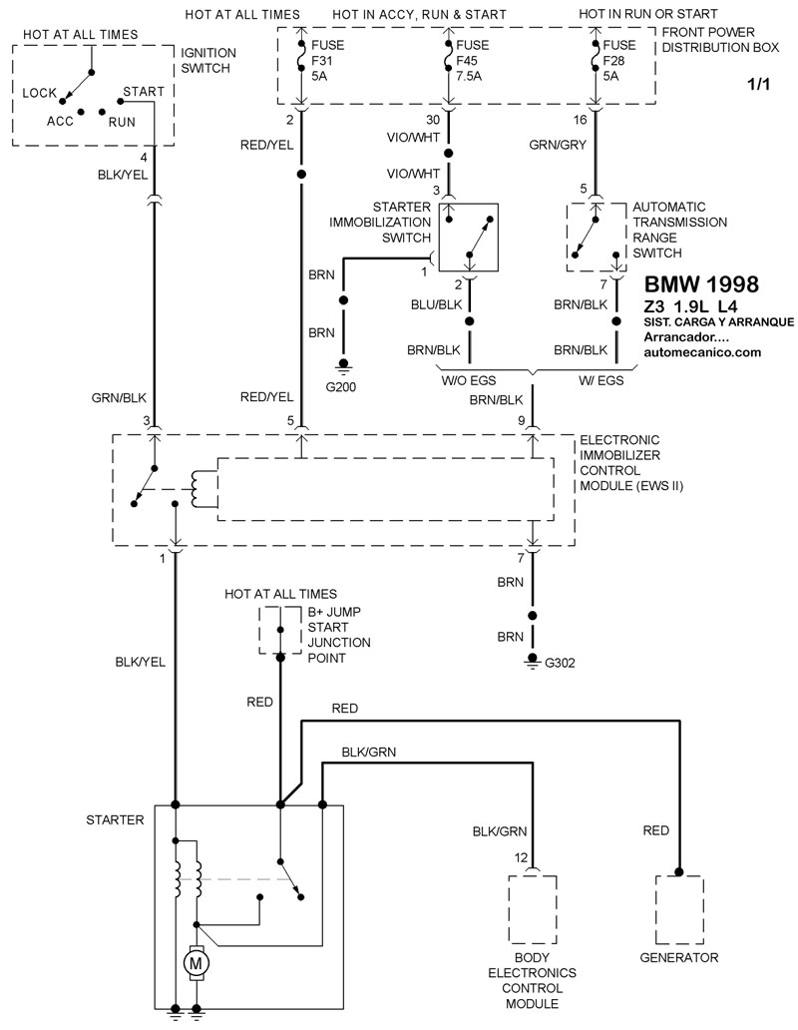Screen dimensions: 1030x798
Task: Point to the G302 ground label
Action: coord(561,662)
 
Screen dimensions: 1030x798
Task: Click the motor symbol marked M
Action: coord(196,962)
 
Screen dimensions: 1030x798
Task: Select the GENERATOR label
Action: coord(678,958)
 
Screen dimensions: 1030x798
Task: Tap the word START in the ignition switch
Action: coord(143,91)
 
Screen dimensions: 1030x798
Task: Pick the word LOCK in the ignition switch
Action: coord(38,92)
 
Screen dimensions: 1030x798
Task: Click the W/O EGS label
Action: coord(468,379)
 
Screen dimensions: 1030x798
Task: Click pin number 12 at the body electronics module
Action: coord(520,857)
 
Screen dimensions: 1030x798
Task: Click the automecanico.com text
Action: coord(702,352)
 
